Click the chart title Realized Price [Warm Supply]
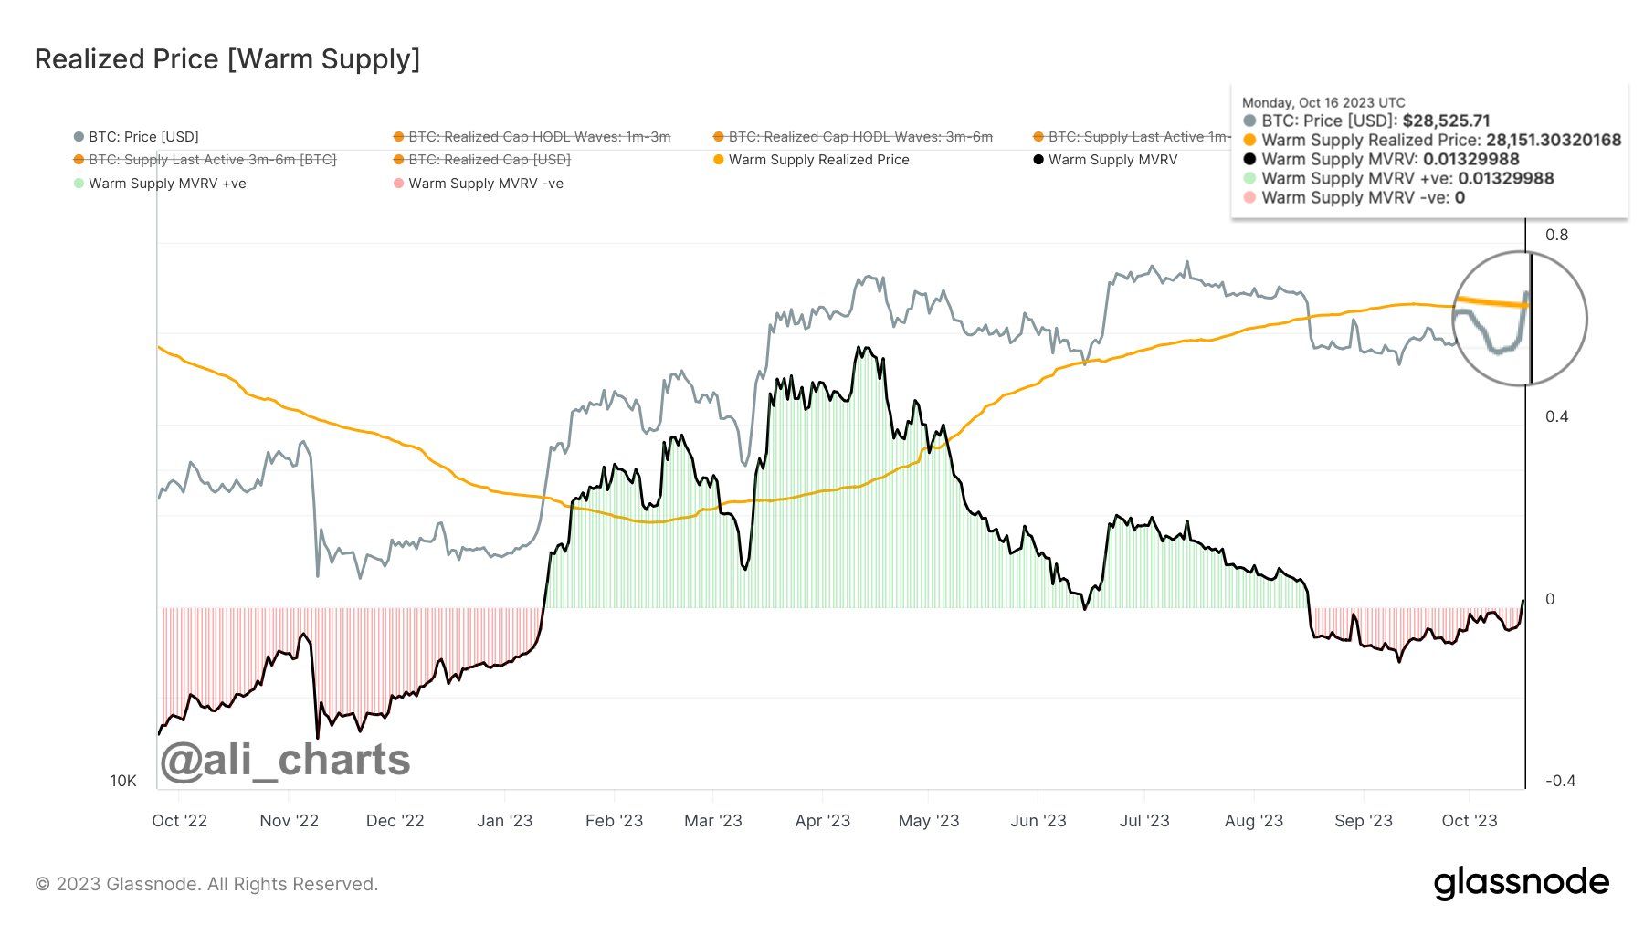pos(227,59)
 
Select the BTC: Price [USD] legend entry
pos(142,137)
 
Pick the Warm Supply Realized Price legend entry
pos(818,160)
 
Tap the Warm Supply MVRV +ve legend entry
pos(166,184)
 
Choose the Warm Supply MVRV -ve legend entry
pos(485,184)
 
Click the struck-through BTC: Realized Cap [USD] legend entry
pos(489,160)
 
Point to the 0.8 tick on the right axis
pos(1556,235)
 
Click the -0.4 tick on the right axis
pos(1560,781)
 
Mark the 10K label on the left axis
pos(123,781)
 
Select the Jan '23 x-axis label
pos(504,821)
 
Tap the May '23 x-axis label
pos(928,821)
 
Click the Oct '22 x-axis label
pos(179,821)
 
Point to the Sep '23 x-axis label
pos(1363,821)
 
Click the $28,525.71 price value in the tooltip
pos(1446,121)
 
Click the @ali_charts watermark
pos(285,760)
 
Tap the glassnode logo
pos(1521,883)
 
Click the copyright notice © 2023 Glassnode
pos(206,884)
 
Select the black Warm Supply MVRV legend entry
pos(1112,160)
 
